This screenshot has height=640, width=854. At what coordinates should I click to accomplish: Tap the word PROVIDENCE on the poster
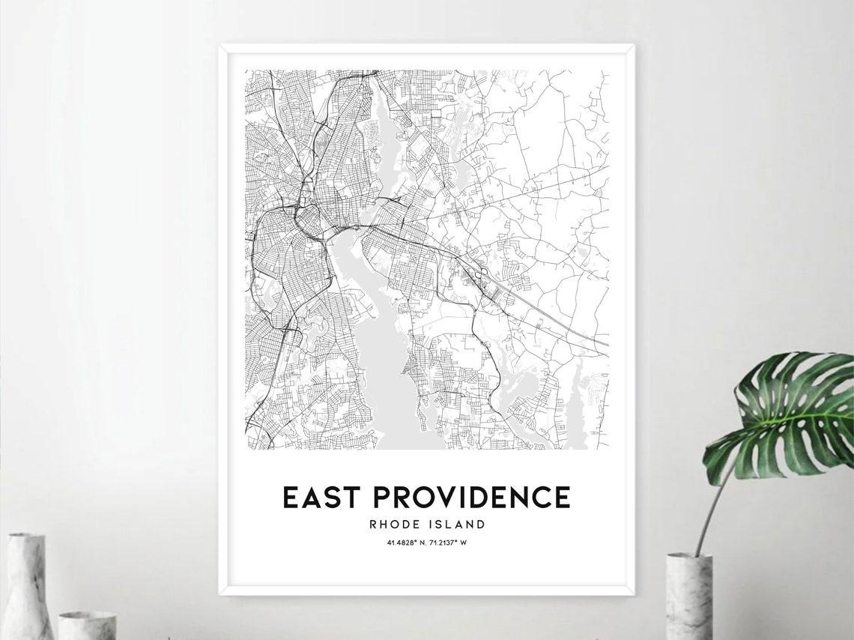[471, 498]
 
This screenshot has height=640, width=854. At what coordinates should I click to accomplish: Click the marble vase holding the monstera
[688, 596]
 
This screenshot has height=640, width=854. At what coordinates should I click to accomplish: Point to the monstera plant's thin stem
[708, 510]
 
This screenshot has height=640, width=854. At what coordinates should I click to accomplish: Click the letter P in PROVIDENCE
[382, 498]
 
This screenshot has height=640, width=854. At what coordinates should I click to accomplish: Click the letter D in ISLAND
[481, 525]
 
